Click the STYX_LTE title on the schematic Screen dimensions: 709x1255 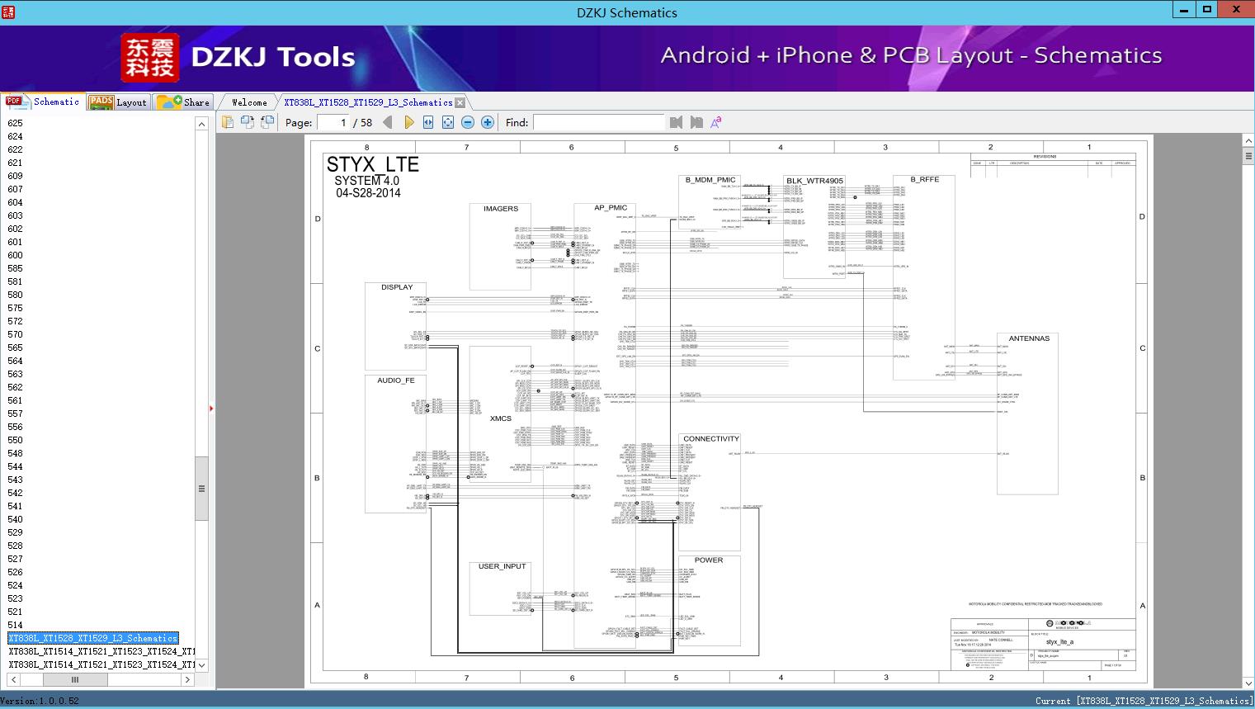[372, 164]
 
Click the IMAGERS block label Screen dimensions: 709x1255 [501, 209]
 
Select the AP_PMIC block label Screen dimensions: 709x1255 [611, 208]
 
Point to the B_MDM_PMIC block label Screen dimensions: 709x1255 [710, 180]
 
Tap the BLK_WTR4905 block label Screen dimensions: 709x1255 [814, 181]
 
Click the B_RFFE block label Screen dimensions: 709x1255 [924, 179]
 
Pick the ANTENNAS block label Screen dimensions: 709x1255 [1029, 338]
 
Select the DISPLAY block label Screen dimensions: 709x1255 [397, 287]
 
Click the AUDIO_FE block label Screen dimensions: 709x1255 [396, 380]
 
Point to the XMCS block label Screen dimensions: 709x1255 [500, 418]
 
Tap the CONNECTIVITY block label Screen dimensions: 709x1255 [710, 439]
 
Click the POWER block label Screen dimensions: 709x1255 [708, 560]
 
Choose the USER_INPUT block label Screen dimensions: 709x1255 [502, 566]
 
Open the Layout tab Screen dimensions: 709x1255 [120, 102]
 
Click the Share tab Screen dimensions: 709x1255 [185, 102]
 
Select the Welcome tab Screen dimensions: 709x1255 [249, 102]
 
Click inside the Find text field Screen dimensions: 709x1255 [598, 122]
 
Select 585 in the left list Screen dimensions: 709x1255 [16, 268]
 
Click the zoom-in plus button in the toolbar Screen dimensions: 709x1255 [488, 122]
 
